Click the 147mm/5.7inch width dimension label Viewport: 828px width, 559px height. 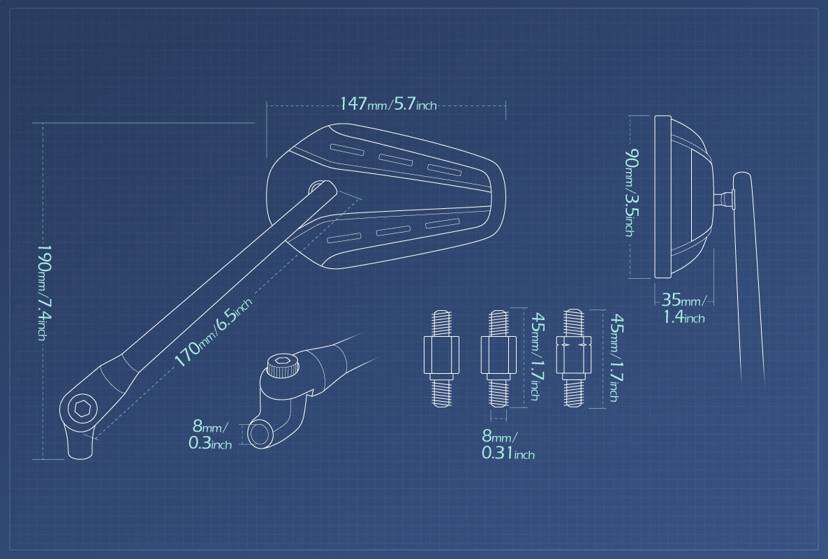click(x=388, y=103)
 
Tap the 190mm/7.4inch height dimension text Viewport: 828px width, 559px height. click(x=44, y=292)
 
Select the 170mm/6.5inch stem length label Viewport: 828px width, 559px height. click(x=214, y=332)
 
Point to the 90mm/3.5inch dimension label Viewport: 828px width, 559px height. click(x=631, y=192)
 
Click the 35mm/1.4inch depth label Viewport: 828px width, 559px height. click(x=684, y=308)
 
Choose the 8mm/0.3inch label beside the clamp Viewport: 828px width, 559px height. click(x=209, y=435)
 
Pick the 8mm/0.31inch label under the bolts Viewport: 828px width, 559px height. click(x=508, y=444)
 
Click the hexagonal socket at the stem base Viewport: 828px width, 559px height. click(x=82, y=408)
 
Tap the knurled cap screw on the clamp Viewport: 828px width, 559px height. click(x=282, y=365)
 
